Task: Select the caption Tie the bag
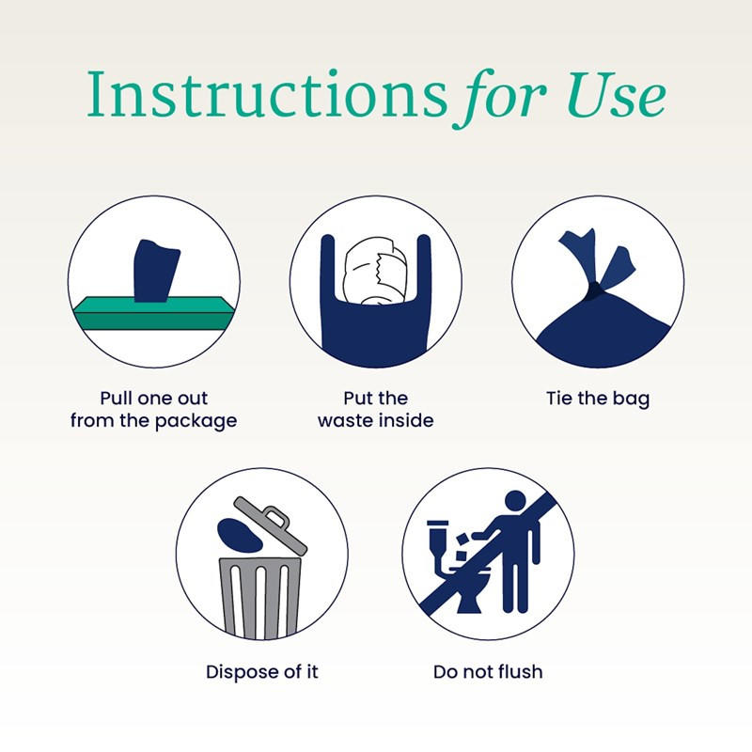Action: coord(598,399)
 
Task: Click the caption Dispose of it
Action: coord(262,672)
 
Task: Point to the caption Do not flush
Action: coord(488,672)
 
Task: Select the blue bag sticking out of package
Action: coord(154,268)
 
